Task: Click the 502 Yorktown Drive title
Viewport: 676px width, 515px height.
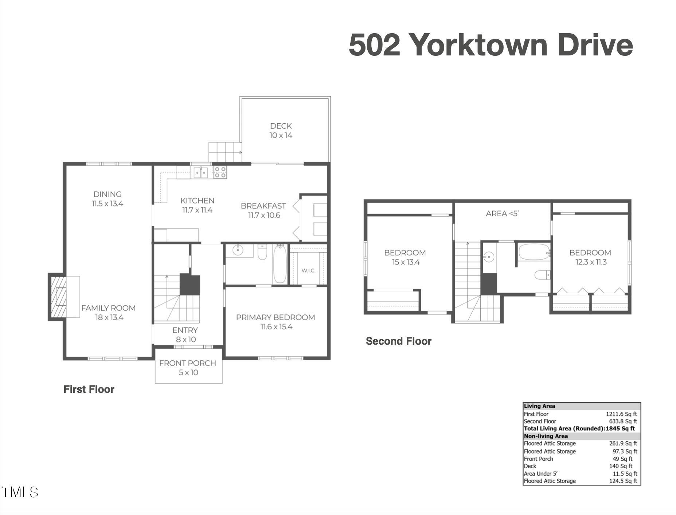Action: point(491,45)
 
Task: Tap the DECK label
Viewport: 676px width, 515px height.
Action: point(281,126)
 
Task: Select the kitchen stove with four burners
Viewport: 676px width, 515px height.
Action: point(220,172)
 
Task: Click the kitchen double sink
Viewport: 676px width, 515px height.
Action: point(200,172)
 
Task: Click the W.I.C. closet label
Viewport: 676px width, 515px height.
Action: point(308,271)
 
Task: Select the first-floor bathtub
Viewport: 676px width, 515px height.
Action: point(280,264)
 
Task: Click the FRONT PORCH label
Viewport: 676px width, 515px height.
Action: point(187,363)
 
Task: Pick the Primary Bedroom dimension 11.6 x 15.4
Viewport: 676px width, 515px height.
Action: point(276,327)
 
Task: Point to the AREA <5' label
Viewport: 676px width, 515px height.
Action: point(502,214)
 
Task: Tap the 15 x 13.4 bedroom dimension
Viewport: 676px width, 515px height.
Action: point(406,262)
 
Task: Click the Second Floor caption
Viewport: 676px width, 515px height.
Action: point(398,341)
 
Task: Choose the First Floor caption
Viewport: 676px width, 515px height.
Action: point(89,390)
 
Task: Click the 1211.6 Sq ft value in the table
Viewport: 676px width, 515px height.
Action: point(621,414)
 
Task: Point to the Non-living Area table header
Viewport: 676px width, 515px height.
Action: point(546,436)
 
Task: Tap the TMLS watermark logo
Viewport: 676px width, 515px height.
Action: point(20,492)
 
